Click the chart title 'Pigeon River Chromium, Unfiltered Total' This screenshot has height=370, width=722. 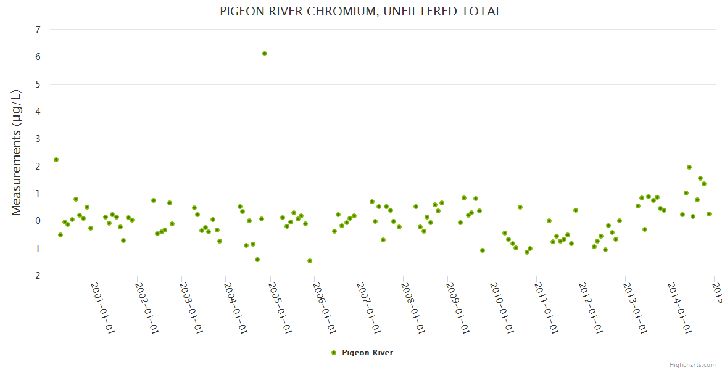click(x=361, y=11)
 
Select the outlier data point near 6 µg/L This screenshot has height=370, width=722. click(x=265, y=54)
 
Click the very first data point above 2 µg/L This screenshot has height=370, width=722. click(x=56, y=160)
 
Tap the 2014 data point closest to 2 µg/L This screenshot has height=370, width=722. click(x=689, y=167)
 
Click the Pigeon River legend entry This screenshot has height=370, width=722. click(x=362, y=353)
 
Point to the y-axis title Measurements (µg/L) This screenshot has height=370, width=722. click(x=17, y=152)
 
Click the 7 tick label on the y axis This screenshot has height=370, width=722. click(x=38, y=30)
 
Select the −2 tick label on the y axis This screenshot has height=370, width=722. click(x=36, y=276)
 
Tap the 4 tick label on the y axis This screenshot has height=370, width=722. click(x=38, y=112)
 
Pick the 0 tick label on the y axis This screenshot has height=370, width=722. click(x=38, y=221)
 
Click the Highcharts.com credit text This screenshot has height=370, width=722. click(x=692, y=365)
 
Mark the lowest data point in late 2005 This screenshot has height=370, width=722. click(x=310, y=261)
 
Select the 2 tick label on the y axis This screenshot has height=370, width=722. click(x=38, y=166)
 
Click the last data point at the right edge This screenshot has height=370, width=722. click(x=709, y=214)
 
